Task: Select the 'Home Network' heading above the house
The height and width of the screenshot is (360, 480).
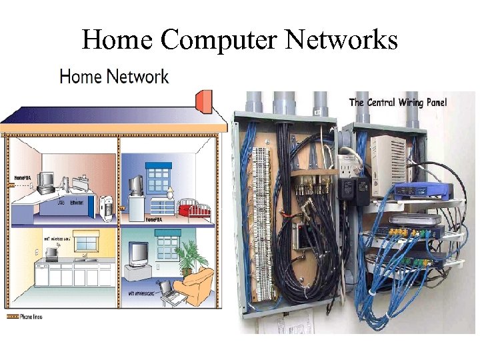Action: pos(114,77)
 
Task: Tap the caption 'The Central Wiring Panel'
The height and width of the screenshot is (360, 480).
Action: pos(398,102)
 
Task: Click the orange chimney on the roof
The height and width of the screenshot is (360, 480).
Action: pos(203,102)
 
